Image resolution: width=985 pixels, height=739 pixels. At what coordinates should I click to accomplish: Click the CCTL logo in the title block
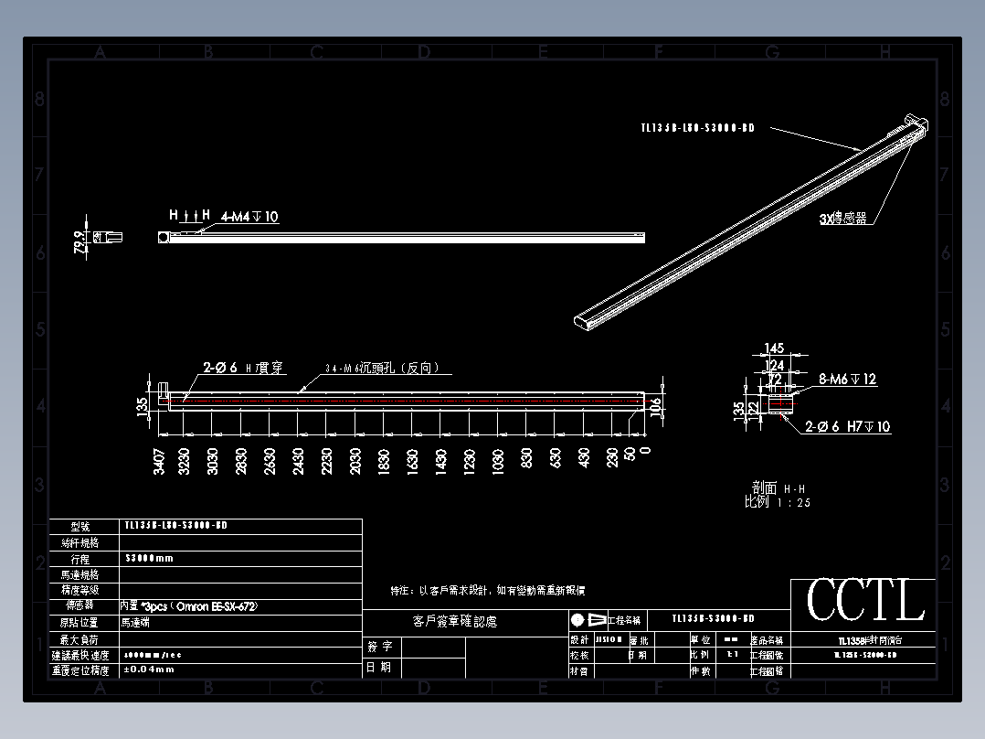pos(864,602)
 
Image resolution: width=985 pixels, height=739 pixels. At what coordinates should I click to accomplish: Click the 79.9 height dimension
pos(79,242)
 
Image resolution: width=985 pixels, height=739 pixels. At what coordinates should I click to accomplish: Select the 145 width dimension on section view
pos(775,348)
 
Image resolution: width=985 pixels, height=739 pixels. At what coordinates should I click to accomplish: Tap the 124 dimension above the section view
pos(775,365)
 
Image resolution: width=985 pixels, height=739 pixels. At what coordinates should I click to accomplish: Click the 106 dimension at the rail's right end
pos(654,407)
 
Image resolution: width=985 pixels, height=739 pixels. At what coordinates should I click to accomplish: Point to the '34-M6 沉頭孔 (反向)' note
pos(383,369)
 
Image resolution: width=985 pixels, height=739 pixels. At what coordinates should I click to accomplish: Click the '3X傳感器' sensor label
pos(842,219)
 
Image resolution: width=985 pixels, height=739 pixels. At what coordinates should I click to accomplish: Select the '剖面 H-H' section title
pos(778,488)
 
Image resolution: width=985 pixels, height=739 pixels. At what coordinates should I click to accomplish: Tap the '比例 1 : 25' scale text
pos(778,502)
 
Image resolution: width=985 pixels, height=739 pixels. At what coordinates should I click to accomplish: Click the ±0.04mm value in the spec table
pos(148,669)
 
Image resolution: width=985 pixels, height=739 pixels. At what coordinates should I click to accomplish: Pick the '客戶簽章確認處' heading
pos(454,622)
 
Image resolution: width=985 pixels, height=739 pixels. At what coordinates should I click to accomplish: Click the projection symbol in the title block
pos(588,619)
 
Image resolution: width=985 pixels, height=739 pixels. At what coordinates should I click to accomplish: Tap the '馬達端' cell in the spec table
pos(139,622)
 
